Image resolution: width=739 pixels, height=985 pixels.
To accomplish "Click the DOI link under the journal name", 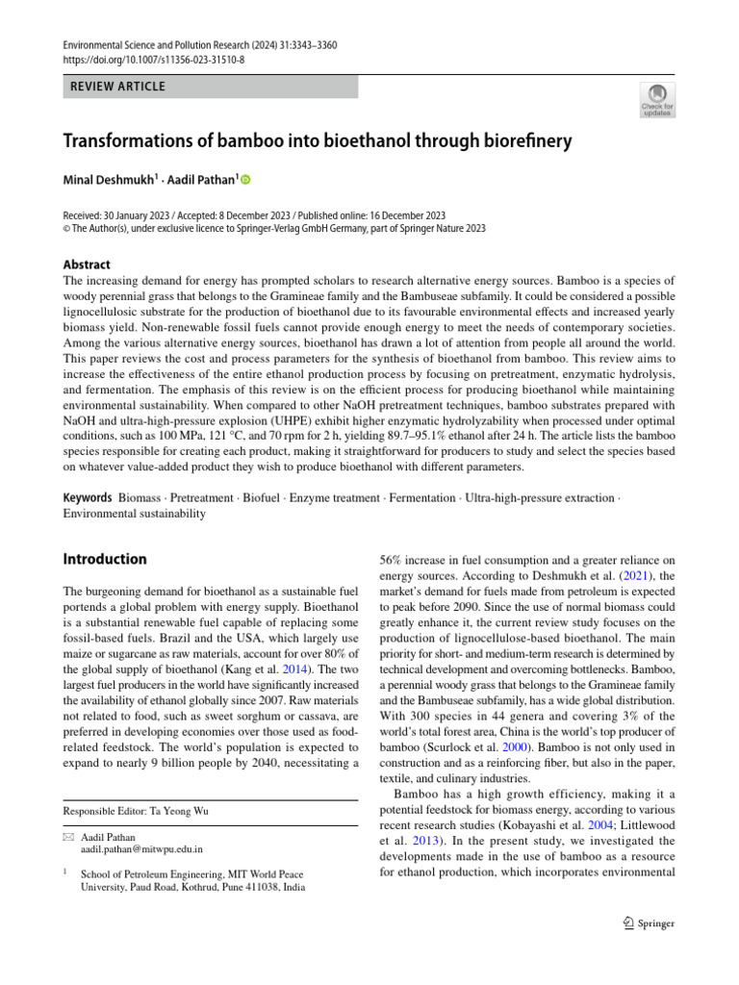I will [153, 60].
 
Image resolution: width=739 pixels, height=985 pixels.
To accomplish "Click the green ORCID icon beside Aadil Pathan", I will [244, 180].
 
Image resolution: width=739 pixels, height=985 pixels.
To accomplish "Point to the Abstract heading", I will [87, 265].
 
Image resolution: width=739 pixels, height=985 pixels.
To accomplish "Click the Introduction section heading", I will [105, 559].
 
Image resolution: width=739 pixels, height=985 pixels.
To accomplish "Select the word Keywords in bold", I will [88, 498].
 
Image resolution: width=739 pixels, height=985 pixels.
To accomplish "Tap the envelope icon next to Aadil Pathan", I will [68, 837].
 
